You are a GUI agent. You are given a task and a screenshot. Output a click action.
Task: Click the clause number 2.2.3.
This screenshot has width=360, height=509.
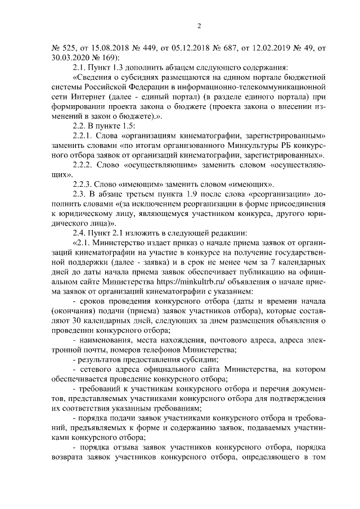85,183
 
